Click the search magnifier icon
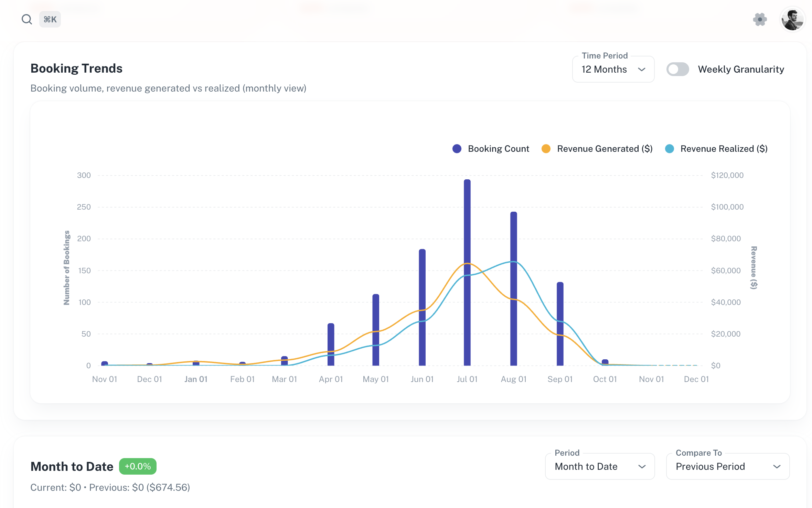pos(26,19)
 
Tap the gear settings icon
pos(760,19)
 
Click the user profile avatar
pos(792,19)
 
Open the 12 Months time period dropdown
pos(613,70)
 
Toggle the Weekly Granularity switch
pos(677,69)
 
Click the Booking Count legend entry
pos(491,149)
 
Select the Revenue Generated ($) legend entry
pos(597,149)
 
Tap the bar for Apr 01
pos(331,344)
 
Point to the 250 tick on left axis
pos(84,207)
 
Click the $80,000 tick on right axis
pos(726,239)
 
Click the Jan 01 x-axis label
pos(196,379)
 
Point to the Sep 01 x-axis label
pos(560,379)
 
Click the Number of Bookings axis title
pos(66,267)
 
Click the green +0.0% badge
pos(138,466)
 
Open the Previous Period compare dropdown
pos(727,466)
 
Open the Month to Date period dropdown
pos(599,466)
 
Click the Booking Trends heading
pos(76,68)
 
